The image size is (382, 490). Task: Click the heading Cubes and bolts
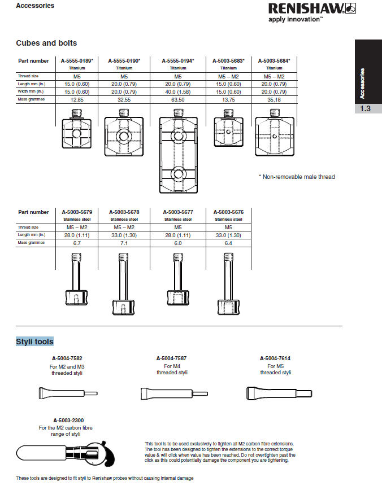(46, 43)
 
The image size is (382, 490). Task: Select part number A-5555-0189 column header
(76, 60)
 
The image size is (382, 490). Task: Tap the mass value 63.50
(177, 99)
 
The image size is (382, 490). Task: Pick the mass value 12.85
(76, 99)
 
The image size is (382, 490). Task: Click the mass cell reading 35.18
(274, 99)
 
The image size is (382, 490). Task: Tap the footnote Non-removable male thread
(297, 177)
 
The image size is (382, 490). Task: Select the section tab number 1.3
(366, 108)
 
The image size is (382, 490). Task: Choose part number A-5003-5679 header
(76, 212)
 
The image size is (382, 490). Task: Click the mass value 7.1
(124, 243)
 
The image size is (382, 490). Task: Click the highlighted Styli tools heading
(34, 342)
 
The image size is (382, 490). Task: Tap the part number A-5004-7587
(171, 358)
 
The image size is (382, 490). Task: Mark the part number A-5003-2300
(68, 421)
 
